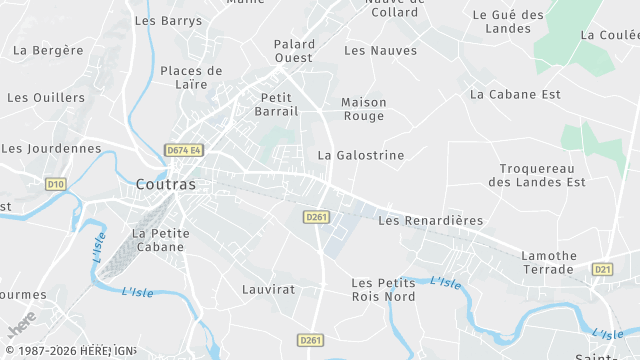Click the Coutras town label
point(166,185)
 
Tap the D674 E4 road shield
point(184,151)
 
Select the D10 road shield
point(55,184)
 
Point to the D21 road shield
point(602,269)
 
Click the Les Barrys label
point(168,20)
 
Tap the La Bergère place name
point(48,49)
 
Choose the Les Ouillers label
point(46,98)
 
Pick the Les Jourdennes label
point(51,148)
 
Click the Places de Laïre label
point(191,78)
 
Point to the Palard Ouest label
point(294,51)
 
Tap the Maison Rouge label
point(363,109)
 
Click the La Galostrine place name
point(361,156)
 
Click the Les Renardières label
point(431,220)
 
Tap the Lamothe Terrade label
point(548,263)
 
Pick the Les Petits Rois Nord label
point(384,290)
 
